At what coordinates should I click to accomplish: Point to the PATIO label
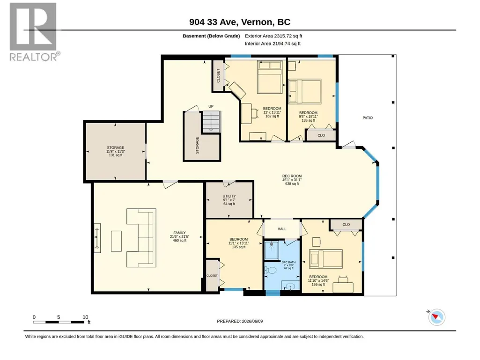click(368, 118)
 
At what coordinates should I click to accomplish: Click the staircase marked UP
click(211, 122)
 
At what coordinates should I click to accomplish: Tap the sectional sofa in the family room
click(141, 238)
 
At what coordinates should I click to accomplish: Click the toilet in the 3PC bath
click(271, 270)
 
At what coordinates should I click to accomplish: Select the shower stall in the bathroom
click(271, 250)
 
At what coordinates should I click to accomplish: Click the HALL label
click(282, 229)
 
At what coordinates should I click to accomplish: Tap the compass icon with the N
click(437, 317)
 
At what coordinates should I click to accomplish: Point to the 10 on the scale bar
click(85, 317)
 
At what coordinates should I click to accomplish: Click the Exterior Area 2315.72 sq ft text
click(273, 36)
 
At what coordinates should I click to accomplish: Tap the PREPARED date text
click(240, 321)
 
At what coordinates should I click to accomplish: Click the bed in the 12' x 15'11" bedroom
click(270, 77)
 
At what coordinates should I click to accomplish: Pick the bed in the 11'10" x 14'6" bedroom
click(326, 259)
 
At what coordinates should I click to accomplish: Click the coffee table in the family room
click(116, 241)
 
